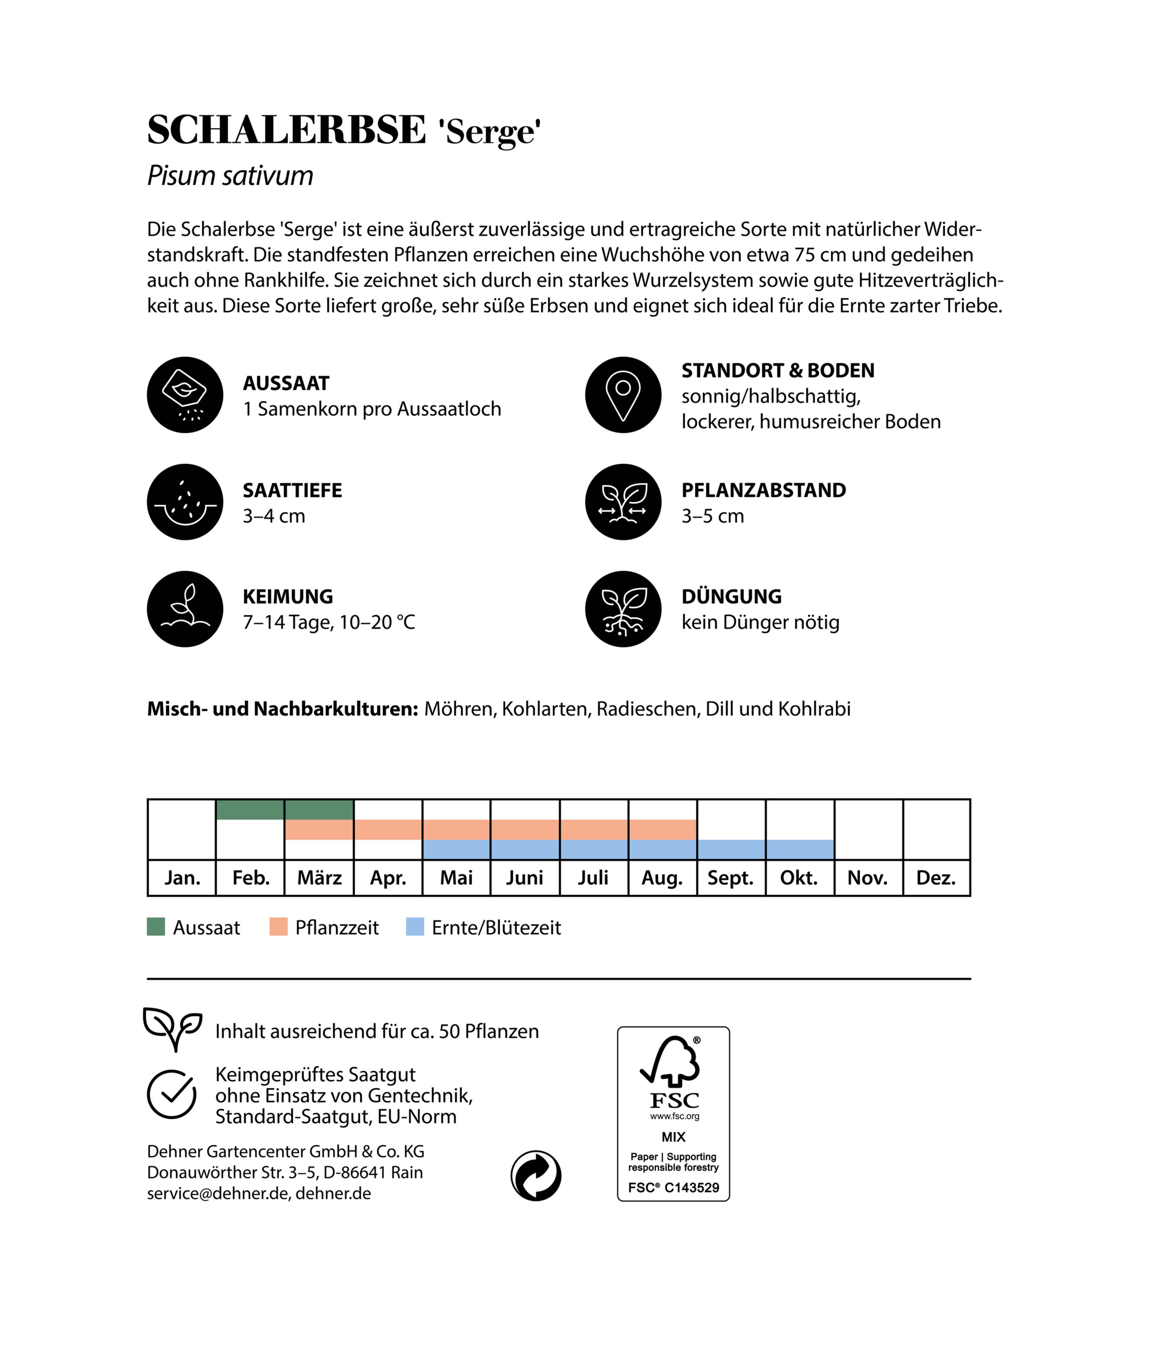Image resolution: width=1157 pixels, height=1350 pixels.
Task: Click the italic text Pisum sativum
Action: click(x=230, y=176)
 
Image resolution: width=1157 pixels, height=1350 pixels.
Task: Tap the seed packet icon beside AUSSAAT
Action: click(x=185, y=395)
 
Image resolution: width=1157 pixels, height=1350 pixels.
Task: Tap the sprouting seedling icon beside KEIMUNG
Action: click(x=185, y=609)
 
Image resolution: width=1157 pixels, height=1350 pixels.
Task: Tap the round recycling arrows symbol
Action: click(x=535, y=1176)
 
